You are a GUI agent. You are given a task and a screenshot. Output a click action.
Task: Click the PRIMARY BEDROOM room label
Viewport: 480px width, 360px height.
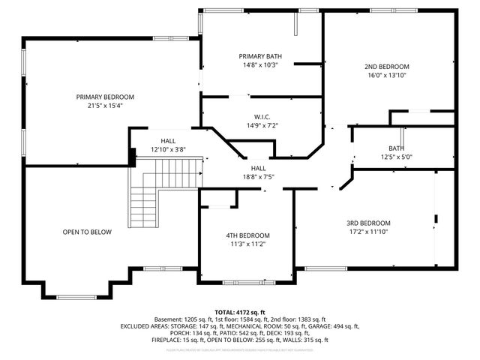click(105, 97)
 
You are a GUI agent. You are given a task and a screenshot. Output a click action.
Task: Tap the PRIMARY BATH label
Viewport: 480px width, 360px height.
click(260, 56)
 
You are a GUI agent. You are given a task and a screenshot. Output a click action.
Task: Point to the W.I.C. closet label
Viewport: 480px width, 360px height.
click(261, 117)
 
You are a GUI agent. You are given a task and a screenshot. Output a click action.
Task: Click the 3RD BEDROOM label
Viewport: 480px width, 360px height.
click(368, 223)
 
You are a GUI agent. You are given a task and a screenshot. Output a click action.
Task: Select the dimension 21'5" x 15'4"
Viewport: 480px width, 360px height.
click(105, 106)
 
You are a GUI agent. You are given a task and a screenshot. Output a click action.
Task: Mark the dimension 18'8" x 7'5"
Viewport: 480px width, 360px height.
click(258, 177)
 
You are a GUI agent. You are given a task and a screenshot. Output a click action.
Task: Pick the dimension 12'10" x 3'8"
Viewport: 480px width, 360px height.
click(168, 149)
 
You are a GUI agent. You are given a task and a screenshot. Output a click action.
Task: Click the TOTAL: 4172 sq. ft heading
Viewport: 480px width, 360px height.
click(240, 312)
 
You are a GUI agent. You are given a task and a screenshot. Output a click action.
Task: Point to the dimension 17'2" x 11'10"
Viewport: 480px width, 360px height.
click(368, 232)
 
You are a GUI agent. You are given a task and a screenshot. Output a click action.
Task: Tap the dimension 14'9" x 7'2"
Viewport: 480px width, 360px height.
click(261, 126)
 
